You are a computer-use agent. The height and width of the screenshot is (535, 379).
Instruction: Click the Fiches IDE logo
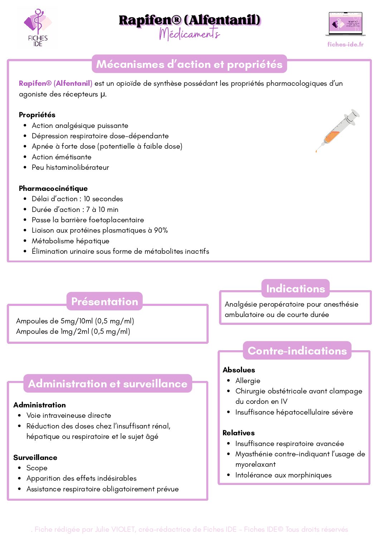(x=37, y=28)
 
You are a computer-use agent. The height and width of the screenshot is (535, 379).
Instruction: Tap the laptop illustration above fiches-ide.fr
(x=345, y=24)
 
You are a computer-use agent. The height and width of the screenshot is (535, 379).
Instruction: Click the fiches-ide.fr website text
(x=345, y=44)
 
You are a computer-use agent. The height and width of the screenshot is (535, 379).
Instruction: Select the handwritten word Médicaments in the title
(x=189, y=34)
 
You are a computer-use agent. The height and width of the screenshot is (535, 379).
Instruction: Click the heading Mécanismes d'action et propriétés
(x=189, y=64)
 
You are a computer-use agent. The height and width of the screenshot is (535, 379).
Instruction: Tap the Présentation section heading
(x=105, y=302)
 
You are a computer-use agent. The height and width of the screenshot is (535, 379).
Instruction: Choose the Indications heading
(x=296, y=289)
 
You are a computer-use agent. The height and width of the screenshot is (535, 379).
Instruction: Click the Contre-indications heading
(x=297, y=351)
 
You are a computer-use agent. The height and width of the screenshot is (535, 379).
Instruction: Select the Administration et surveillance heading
(x=108, y=384)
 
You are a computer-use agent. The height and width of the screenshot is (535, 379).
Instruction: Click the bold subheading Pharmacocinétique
(x=53, y=188)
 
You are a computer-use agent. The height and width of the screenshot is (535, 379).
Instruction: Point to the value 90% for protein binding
(x=161, y=231)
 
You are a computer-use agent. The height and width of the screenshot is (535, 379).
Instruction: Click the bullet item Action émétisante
(x=62, y=157)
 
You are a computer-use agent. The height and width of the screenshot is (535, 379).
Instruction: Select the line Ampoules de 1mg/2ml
(x=73, y=332)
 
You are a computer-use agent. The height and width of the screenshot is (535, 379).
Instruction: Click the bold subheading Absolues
(x=239, y=370)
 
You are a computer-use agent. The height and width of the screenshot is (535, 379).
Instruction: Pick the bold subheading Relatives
(x=238, y=433)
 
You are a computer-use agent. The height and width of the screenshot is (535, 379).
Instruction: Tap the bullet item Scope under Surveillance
(x=37, y=468)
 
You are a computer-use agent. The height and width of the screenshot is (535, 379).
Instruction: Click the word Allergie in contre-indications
(x=248, y=381)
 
